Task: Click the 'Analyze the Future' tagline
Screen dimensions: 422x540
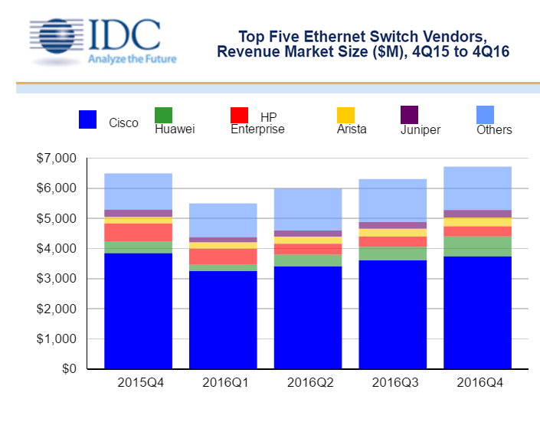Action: coord(133,59)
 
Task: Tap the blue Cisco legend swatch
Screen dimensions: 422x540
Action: coord(88,119)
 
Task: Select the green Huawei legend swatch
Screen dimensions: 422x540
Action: coord(163,115)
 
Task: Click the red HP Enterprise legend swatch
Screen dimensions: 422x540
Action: coord(239,115)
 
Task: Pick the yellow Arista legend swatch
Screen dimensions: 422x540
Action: coord(345,115)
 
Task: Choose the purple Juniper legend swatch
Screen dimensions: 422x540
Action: coord(409,115)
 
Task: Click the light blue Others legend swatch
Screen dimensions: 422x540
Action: coord(485,115)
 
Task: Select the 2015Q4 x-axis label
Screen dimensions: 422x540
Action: coord(138,382)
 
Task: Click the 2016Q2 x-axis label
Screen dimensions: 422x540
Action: coord(307,382)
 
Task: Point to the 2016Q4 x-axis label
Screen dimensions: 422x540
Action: coord(477,382)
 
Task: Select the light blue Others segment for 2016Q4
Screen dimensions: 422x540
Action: coord(477,188)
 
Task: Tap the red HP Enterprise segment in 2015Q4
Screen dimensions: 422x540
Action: coord(138,232)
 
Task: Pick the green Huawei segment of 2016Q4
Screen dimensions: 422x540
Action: coord(477,246)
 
